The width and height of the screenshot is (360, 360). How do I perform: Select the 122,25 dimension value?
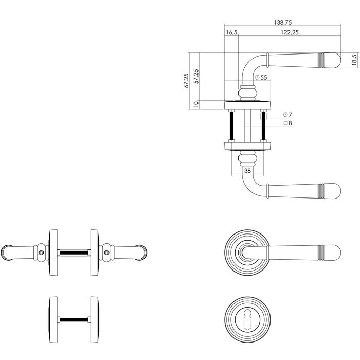[x=290, y=32]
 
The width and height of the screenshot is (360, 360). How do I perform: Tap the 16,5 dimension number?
[x=231, y=32]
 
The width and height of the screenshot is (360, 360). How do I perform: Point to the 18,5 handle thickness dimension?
[x=354, y=60]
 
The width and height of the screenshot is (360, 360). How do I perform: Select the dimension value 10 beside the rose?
[x=196, y=104]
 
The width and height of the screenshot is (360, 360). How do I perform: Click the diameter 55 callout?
[x=261, y=77]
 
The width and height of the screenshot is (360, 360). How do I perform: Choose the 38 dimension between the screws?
[x=247, y=170]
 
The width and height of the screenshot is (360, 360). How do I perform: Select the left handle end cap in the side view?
[x=6, y=252]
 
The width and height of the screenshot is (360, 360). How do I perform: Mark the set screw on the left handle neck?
[x=42, y=253]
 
